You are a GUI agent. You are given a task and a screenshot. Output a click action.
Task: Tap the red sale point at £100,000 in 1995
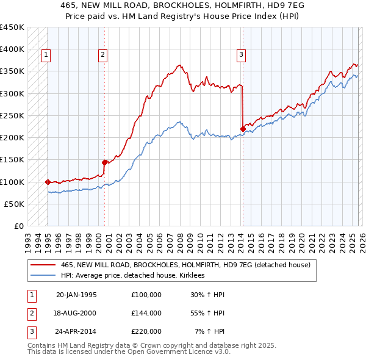tap(48, 182)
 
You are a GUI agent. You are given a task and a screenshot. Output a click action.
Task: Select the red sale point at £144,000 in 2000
tap(104, 162)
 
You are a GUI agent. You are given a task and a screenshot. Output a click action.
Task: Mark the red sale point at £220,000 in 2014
tap(243, 129)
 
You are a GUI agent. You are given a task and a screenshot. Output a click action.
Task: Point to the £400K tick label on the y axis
tap(12, 49)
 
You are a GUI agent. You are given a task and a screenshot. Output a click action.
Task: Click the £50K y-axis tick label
tap(15, 204)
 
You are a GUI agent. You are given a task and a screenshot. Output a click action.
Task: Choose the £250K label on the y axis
tap(12, 115)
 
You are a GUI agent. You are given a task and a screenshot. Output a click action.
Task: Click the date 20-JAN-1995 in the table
tap(76, 295)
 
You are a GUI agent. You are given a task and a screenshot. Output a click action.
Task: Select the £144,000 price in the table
tap(146, 313)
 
